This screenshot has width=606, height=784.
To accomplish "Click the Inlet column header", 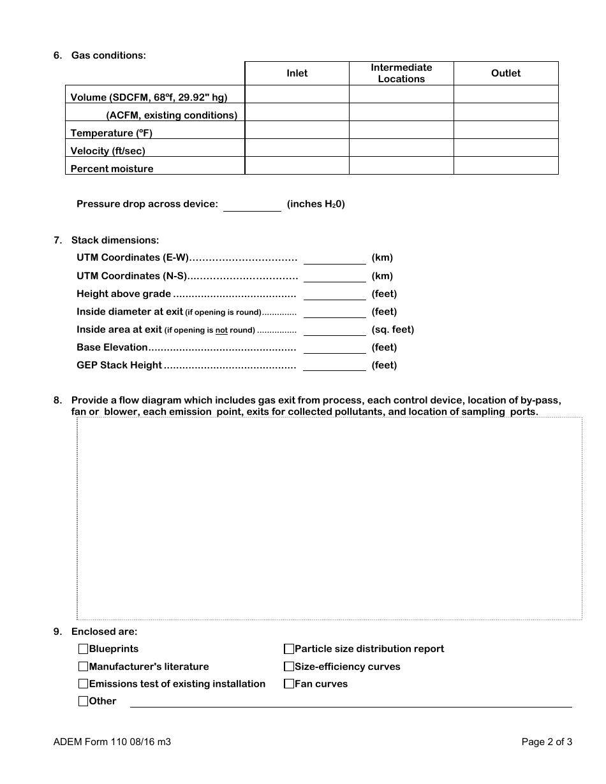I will [297, 73].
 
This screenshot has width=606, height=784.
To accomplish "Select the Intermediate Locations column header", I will [401, 73].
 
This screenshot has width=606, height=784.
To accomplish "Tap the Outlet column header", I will [506, 73].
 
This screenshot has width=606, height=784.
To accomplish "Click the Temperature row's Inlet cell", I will [297, 131].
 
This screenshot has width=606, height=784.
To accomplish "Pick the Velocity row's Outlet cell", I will [506, 149].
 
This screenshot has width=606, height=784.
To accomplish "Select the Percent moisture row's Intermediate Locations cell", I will [401, 166].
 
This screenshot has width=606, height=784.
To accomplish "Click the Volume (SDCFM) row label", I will [149, 98].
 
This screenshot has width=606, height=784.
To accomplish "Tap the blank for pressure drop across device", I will [252, 205].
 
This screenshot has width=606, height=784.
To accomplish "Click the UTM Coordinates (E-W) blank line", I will [334, 258].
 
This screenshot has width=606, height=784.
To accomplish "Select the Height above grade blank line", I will [334, 294].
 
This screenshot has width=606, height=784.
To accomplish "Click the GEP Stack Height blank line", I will [334, 365].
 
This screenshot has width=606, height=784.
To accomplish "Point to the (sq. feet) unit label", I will [393, 330].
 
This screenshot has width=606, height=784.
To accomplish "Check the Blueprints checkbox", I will [83, 649].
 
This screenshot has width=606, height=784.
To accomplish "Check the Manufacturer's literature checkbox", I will [83, 667].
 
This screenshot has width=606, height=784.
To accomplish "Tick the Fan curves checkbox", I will [289, 684].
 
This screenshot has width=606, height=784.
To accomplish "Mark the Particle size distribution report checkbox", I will [289, 649].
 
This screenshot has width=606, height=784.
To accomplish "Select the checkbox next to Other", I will [83, 701].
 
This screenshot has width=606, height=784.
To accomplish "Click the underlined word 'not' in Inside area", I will [221, 330].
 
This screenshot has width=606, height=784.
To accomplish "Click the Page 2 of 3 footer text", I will [547, 742].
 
